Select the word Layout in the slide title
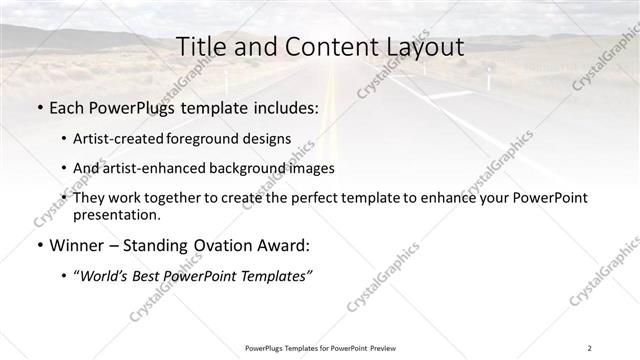422,47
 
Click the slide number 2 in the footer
590,347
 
